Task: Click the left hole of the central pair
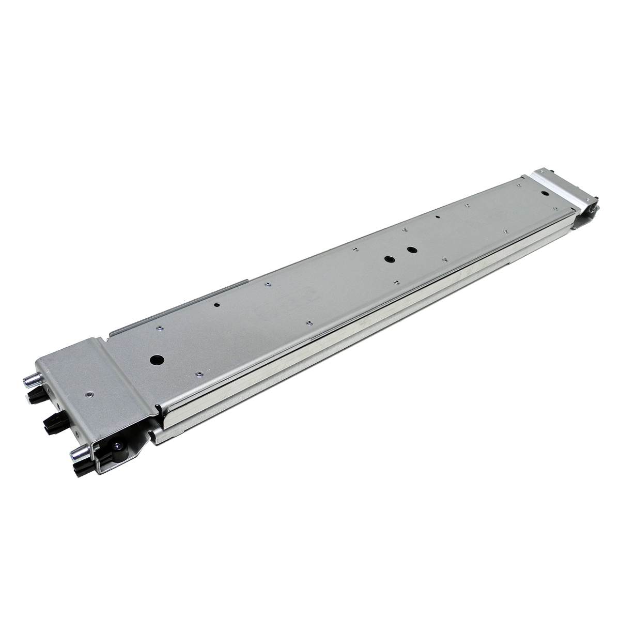point(389,258)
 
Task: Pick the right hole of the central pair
point(411,250)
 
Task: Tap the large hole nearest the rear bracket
point(546,193)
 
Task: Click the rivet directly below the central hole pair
point(396,282)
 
